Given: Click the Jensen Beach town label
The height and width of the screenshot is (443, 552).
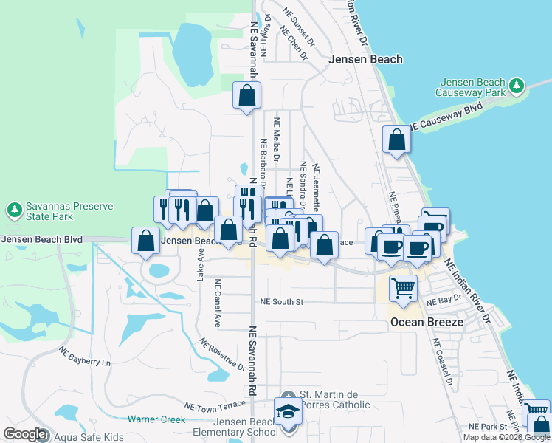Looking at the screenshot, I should coord(366,59).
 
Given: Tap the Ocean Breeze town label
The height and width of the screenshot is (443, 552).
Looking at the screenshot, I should coord(427,322).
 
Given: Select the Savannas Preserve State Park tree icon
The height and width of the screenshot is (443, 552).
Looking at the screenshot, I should coord(14,210).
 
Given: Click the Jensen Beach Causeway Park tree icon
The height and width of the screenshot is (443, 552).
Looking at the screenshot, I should coord(517,86).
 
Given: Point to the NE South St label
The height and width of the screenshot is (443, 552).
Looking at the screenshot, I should coord(282,302).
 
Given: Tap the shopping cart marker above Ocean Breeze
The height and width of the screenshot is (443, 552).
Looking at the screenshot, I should coord(403,287).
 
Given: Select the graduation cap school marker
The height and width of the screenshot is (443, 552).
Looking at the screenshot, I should coord(287,411).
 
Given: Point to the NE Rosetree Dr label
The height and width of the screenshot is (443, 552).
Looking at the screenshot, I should coord(222,354).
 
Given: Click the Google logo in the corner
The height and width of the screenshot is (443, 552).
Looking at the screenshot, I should coord(24,433).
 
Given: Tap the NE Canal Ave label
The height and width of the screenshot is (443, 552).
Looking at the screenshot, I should coord(218,303).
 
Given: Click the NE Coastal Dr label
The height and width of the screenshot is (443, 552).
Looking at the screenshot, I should coord(443,363).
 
